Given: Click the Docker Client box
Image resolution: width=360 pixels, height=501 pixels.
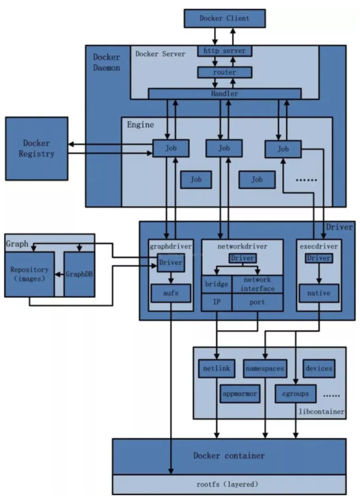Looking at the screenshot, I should (x=224, y=18).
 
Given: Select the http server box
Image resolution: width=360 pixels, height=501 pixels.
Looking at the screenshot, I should (x=224, y=51).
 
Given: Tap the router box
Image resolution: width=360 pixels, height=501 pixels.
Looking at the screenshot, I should (x=224, y=72).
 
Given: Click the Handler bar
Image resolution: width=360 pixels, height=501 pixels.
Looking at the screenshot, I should (x=224, y=94).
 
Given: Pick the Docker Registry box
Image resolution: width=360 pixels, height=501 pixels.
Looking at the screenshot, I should (x=36, y=148).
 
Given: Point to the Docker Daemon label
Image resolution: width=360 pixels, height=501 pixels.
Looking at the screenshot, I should (x=106, y=62).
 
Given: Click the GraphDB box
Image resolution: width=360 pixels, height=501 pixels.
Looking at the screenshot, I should (x=79, y=274).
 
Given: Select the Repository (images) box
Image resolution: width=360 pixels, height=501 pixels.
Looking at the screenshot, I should (x=29, y=274).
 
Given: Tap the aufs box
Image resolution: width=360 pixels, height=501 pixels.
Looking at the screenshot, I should (x=170, y=294).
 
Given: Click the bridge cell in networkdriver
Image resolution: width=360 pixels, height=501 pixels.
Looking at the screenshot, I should (x=216, y=285).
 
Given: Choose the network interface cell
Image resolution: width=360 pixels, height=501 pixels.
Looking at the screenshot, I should (x=257, y=285).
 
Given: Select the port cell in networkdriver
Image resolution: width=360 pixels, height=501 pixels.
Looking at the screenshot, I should (x=257, y=302).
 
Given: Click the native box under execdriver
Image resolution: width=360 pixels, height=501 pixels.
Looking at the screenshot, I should (x=318, y=293).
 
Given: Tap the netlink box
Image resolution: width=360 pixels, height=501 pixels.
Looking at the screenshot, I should (x=216, y=368).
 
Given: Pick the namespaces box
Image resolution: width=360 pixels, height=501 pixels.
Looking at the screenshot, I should (x=265, y=368).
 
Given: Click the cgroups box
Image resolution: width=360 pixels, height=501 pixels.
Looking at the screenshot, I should (x=296, y=393).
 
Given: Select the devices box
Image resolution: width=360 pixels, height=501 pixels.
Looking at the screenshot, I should (x=319, y=368).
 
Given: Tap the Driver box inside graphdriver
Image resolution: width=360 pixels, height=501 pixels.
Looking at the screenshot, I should (x=170, y=262).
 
